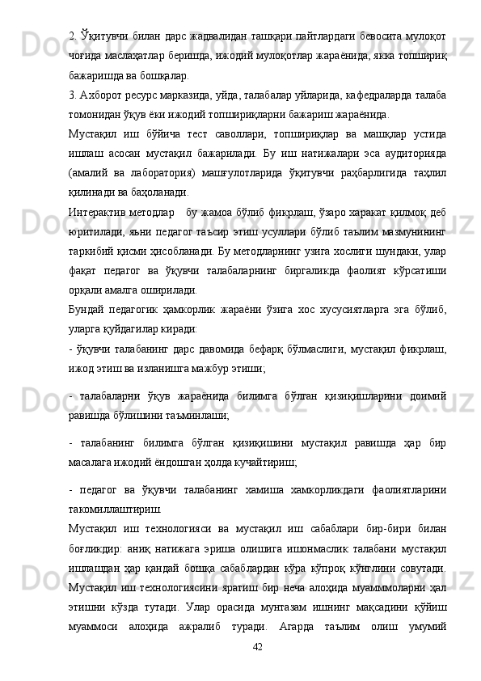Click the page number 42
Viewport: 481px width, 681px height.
point(258,647)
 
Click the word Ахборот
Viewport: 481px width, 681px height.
point(103,95)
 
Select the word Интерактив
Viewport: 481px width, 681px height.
point(100,213)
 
